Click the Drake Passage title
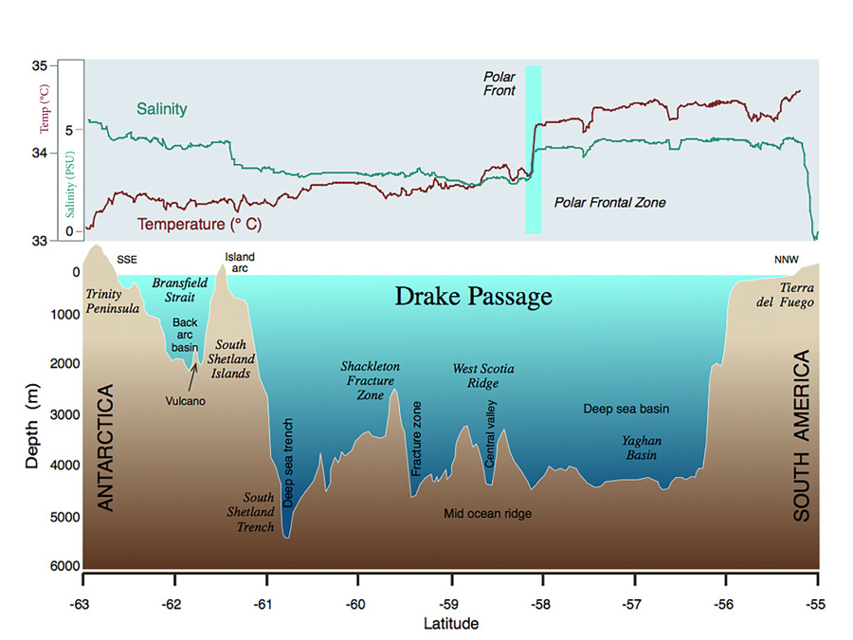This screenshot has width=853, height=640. [473, 298]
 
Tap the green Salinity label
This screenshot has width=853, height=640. [162, 109]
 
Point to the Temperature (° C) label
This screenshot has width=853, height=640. [199, 225]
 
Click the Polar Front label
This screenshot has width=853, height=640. [499, 83]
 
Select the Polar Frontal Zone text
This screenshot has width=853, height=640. [609, 203]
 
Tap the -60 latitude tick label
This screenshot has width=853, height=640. [356, 604]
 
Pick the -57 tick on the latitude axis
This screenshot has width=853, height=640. [633, 604]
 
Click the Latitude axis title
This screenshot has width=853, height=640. [450, 624]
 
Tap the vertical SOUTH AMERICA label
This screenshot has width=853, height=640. [802, 436]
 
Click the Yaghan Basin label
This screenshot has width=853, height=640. [642, 448]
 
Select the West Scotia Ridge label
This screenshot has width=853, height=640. [483, 375]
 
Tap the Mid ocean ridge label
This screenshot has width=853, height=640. [488, 513]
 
